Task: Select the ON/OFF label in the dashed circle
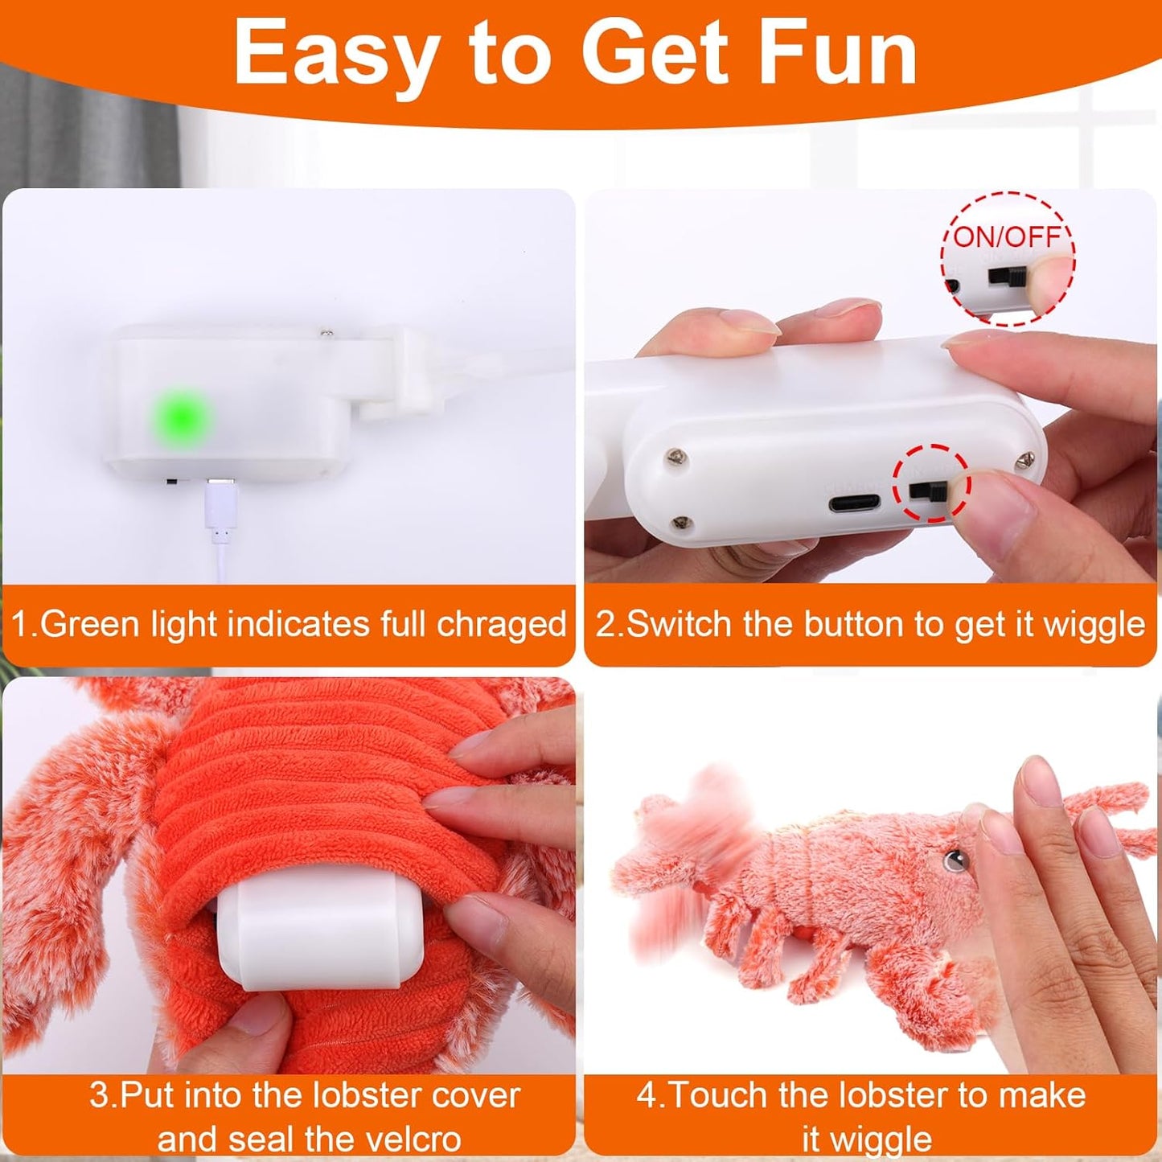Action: click(1008, 236)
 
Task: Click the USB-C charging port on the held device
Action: click(855, 505)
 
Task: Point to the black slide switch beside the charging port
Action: click(926, 490)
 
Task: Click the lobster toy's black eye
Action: click(955, 860)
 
